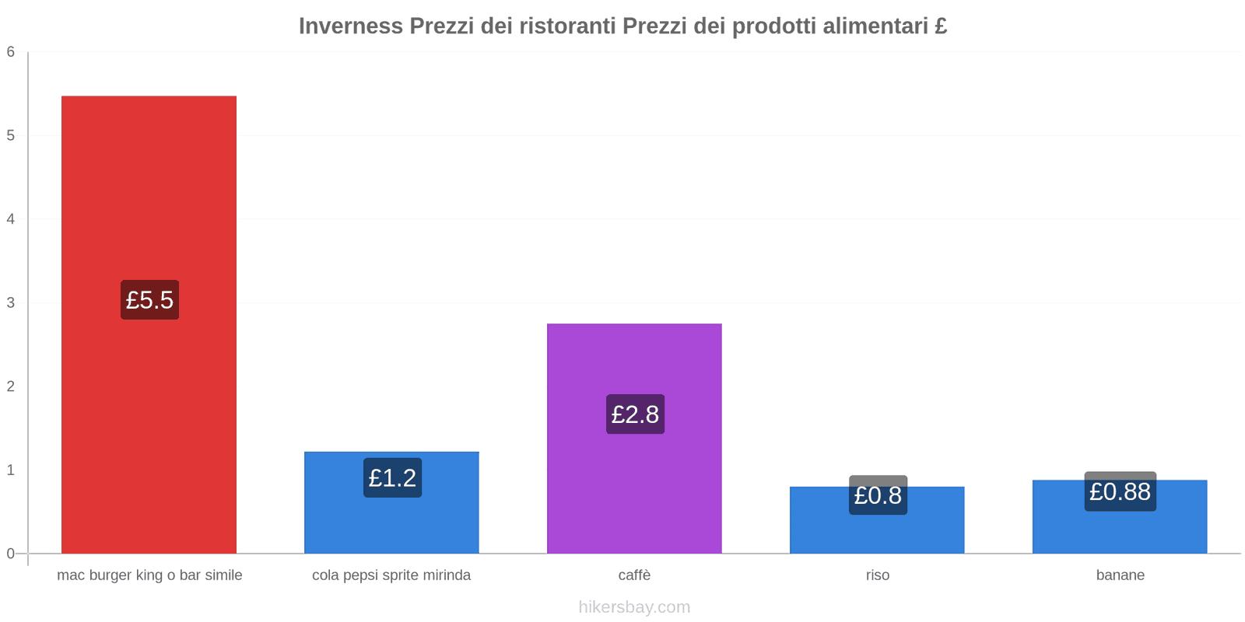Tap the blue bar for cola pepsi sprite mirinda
click(x=391, y=521)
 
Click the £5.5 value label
click(x=149, y=299)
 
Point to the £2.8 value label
click(x=635, y=414)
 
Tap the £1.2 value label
click(x=392, y=477)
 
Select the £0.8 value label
click(x=878, y=495)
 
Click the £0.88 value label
click(x=1120, y=491)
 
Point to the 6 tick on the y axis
click(x=11, y=52)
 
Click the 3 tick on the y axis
click(x=11, y=302)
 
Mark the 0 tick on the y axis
click(x=11, y=554)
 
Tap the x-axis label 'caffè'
click(x=634, y=575)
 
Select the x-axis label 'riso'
click(x=877, y=575)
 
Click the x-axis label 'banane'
click(x=1120, y=575)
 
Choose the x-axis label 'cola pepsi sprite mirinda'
click(x=391, y=575)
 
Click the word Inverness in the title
click(x=351, y=26)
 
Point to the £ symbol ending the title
click(x=941, y=26)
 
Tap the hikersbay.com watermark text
click(x=634, y=607)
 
